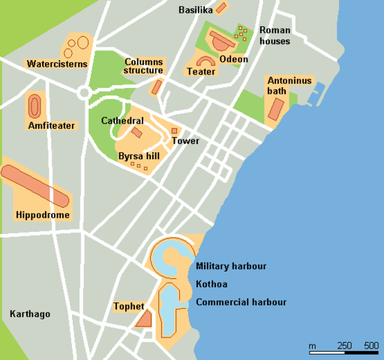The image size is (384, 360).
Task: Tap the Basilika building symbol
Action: tap(220, 8)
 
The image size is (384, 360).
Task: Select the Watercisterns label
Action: tap(57, 64)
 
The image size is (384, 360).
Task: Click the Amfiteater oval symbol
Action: tap(34, 106)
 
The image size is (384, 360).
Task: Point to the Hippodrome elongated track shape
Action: tap(35, 185)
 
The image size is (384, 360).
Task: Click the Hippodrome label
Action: tap(43, 216)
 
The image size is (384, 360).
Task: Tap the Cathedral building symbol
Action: tap(137, 132)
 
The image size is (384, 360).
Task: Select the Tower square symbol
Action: tap(174, 130)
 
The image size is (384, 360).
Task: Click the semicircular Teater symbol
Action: tap(205, 61)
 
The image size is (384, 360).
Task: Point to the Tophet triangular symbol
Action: tap(144, 319)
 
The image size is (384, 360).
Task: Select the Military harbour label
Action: tap(231, 266)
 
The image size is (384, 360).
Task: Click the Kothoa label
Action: tap(211, 285)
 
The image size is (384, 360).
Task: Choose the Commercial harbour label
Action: tap(241, 303)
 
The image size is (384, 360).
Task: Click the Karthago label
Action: tap(30, 314)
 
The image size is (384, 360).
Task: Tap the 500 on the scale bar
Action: tap(370, 345)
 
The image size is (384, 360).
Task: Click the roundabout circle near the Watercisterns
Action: tap(84, 92)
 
